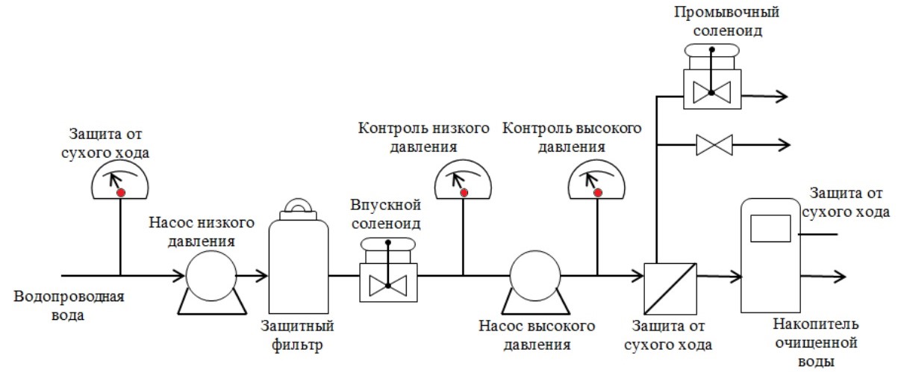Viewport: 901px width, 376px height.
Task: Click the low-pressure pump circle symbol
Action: coord(211,277)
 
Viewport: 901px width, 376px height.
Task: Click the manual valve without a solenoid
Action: coord(714,144)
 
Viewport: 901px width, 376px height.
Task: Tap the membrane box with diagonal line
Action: coord(670,289)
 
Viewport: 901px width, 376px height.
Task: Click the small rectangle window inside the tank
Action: coord(770,227)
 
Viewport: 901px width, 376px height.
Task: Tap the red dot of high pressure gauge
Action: coord(598,192)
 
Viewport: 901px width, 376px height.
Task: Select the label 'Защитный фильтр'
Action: coord(297,336)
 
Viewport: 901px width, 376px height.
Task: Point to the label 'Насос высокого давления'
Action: coord(537,336)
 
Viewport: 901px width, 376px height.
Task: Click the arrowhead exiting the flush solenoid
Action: coord(781,96)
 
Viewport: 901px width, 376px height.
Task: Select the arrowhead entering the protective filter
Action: coord(262,277)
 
